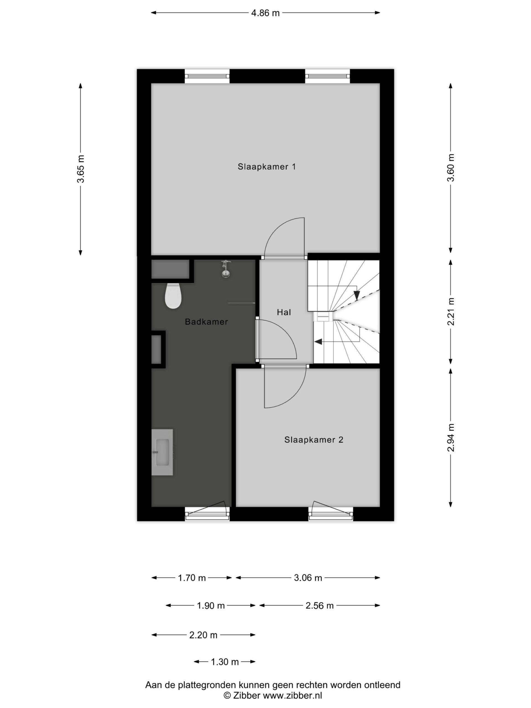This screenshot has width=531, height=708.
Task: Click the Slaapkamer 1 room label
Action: pyautogui.click(x=267, y=166)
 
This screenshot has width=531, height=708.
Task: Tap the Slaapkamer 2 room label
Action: pyautogui.click(x=314, y=440)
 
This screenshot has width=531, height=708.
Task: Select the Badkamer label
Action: pyautogui.click(x=206, y=322)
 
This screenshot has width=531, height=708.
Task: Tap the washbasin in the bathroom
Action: pyautogui.click(x=162, y=452)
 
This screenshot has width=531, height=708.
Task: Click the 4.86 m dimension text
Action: pyautogui.click(x=265, y=13)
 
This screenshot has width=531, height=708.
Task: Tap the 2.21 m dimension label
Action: pyautogui.click(x=451, y=311)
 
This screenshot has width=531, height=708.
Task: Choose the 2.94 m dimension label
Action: pyautogui.click(x=451, y=437)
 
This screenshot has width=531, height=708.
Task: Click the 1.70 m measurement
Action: pyautogui.click(x=192, y=578)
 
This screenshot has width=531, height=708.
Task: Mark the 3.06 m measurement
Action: pyautogui.click(x=308, y=578)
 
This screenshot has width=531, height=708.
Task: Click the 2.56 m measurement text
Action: pyautogui.click(x=319, y=605)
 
